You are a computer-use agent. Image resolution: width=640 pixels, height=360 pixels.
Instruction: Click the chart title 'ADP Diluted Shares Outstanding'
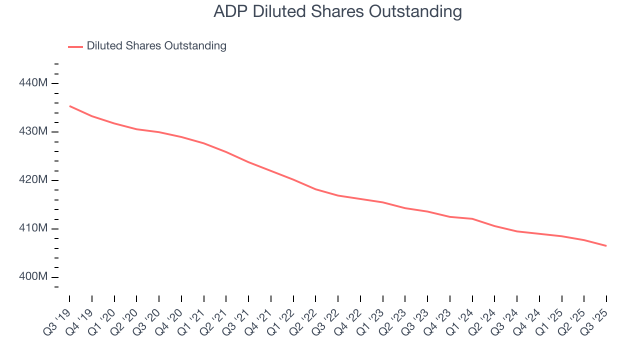coord(337,11)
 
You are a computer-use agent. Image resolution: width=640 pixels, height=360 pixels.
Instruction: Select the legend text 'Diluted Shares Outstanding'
coord(156,46)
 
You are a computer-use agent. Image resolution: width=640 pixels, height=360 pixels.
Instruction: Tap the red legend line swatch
coord(75,46)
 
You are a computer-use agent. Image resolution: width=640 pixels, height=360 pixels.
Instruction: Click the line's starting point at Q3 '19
coord(69,106)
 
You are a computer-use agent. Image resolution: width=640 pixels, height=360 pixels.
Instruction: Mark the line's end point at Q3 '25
coord(606,246)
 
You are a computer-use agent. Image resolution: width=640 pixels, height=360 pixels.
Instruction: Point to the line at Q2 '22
coord(315,189)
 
